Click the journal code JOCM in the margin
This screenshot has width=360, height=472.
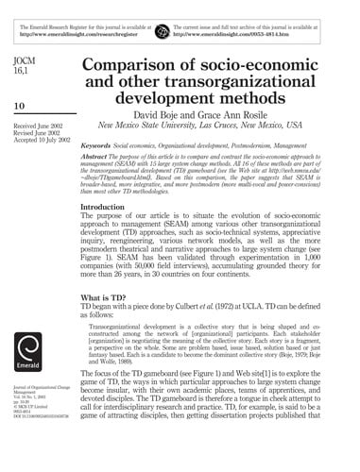pyautogui.click(x=20, y=61)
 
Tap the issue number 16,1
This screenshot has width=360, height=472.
pyautogui.click(x=17, y=74)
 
